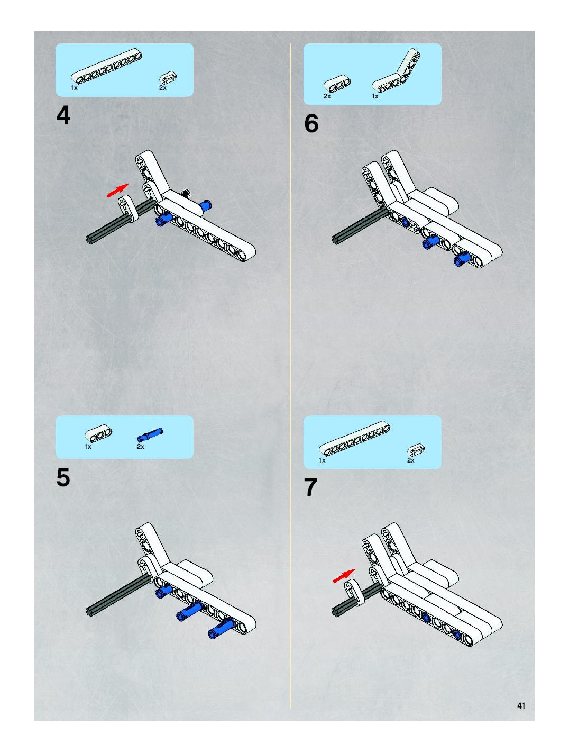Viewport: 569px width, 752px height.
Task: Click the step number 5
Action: tap(63, 477)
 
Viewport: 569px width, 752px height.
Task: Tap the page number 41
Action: tap(521, 705)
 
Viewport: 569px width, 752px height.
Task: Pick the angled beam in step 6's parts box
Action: tap(398, 72)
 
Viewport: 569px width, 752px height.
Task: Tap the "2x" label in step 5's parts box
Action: tap(141, 446)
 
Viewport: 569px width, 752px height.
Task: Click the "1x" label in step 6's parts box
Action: tap(375, 96)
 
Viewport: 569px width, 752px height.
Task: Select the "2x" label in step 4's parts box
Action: tap(163, 88)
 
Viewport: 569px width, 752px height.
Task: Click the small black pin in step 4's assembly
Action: tap(186, 193)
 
